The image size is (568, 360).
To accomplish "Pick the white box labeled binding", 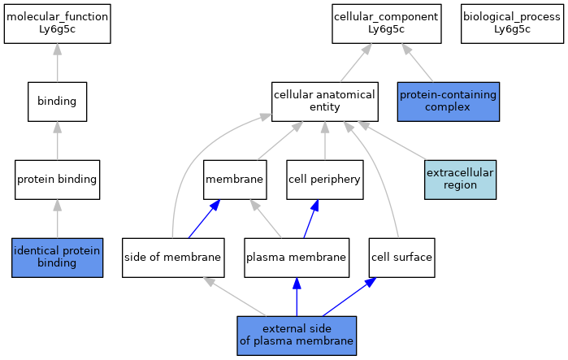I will point(57,102).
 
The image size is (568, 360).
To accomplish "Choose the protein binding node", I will point(57,180).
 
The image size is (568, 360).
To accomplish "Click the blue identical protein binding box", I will point(57,258).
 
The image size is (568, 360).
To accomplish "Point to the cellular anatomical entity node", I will point(324,102).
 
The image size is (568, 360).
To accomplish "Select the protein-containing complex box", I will point(448,102).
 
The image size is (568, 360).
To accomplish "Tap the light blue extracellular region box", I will point(460,180).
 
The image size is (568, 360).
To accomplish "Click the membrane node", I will point(236,180).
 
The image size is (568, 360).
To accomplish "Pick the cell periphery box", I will point(324,180).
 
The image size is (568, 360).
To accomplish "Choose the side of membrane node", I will point(172,258).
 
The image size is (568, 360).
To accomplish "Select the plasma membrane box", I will point(297,258).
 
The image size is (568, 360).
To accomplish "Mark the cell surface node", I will point(401,258).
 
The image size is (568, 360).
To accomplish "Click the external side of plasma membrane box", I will point(297,336).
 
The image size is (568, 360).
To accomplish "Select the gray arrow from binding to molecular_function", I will point(57,63).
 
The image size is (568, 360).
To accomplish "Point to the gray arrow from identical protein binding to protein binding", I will point(57,219).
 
